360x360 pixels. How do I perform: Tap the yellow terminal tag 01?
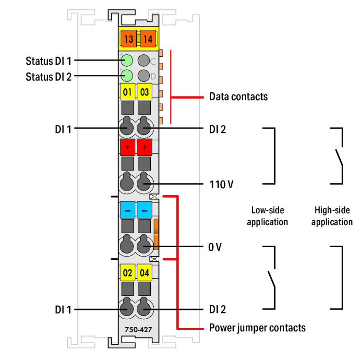127,91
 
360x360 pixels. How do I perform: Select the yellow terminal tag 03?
144,91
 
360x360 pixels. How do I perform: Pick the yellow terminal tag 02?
127,273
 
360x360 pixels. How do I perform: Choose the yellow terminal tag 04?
144,273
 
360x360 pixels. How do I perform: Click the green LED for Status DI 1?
127,60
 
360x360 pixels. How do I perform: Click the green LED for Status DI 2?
127,75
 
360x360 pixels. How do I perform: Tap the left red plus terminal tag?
127,147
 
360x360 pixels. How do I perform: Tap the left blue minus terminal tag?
127,210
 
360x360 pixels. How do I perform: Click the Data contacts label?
238,96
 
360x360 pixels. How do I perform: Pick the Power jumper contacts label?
257,328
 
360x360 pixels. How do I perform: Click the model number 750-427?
135,330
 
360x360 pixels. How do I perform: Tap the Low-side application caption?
267,216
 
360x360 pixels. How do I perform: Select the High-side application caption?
332,216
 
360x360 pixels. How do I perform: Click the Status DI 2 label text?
48,76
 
